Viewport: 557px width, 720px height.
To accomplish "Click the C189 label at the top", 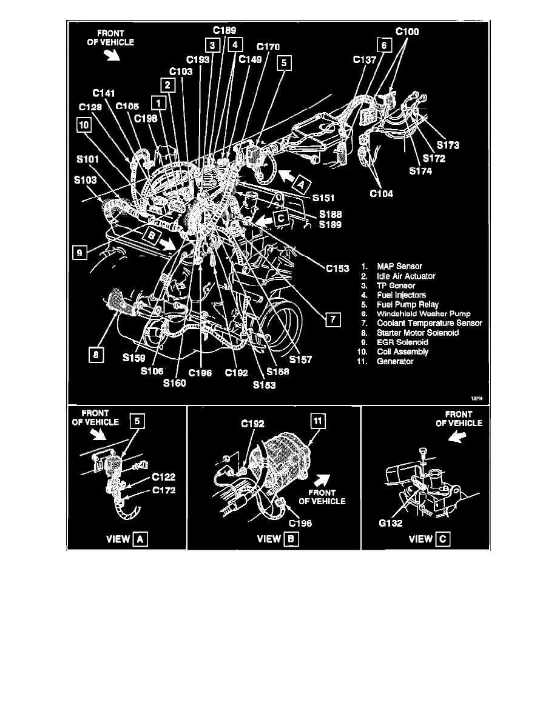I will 224,30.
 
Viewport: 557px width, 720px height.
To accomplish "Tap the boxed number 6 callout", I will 383,45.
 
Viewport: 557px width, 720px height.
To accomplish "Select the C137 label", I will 365,60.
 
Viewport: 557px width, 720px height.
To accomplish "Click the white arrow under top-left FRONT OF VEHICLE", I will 113,56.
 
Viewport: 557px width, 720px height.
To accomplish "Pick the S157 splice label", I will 300,359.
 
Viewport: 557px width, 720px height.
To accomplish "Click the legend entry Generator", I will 395,361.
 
